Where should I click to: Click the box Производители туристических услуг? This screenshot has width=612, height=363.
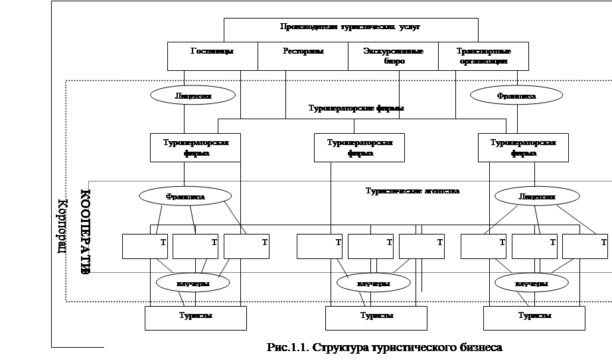(350, 27)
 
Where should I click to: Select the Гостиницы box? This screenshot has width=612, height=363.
(212, 56)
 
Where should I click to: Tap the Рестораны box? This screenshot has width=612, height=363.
(302, 56)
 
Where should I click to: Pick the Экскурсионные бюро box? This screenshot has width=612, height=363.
(393, 56)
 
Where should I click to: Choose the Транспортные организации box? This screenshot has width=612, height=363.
(483, 56)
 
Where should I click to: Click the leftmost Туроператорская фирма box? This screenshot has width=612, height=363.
(195, 147)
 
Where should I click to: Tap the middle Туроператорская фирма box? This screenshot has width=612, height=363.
(359, 147)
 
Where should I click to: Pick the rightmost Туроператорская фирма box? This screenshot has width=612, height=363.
(523, 147)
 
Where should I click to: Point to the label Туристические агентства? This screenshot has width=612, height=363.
(412, 191)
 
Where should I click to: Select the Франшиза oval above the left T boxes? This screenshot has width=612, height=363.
(185, 196)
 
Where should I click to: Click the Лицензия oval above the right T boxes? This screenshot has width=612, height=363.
(536, 196)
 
